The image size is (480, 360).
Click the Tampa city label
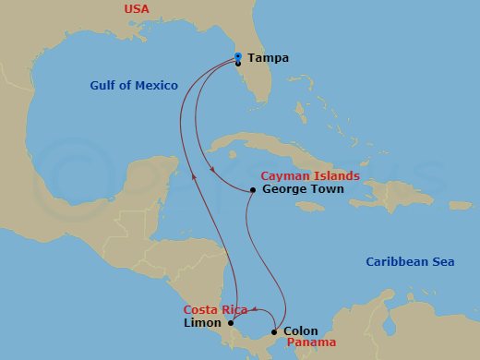point(268,58)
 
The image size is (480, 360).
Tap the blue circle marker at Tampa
point(238,56)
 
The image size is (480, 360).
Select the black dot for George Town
point(253,190)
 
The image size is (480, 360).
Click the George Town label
point(303,189)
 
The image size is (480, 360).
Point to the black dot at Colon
point(275,331)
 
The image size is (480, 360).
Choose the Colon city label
point(301,330)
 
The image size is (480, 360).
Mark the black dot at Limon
point(231,323)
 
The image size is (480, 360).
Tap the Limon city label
point(202,323)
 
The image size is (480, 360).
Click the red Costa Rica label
point(215,310)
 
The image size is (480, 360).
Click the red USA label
point(137,9)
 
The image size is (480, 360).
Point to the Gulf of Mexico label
point(134,86)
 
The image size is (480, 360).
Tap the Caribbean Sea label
point(410,262)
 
